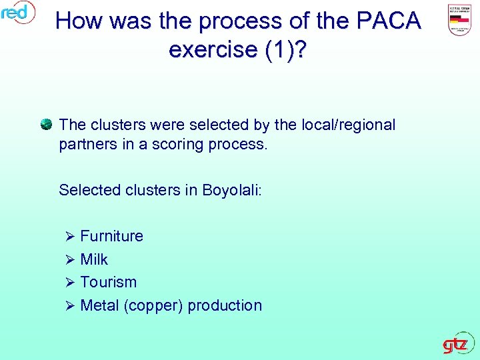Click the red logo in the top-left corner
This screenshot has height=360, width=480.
tap(17, 12)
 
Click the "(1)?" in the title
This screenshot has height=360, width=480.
tap(284, 49)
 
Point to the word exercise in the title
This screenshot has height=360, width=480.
tap(213, 49)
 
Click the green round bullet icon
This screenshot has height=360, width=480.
tap(46, 124)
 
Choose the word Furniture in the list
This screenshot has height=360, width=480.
tap(111, 236)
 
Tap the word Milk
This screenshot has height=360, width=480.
tap(94, 259)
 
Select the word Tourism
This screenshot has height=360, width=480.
tap(108, 282)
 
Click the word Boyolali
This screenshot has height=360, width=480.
tap(233, 190)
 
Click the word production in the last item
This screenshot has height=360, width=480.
tap(225, 306)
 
